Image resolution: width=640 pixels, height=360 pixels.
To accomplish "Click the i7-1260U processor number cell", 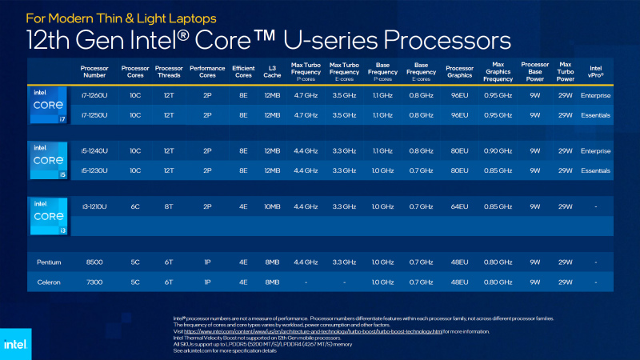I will pyautogui.click(x=94, y=96).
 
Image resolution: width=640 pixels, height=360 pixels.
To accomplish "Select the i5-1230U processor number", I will pyautogui.click(x=94, y=170).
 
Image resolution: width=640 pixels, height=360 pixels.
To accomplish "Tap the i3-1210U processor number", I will pyautogui.click(x=94, y=206).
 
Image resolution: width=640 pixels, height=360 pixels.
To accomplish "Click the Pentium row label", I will pyautogui.click(x=49, y=262).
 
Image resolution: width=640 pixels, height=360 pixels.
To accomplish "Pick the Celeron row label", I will pyautogui.click(x=49, y=282).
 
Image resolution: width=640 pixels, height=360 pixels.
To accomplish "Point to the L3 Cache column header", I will pyautogui.click(x=271, y=72).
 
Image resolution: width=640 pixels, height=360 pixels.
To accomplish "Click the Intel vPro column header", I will pyautogui.click(x=595, y=72).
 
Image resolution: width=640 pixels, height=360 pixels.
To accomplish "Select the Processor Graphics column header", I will pyautogui.click(x=459, y=72).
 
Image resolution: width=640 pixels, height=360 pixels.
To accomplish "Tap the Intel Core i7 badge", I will pyautogui.click(x=48, y=106).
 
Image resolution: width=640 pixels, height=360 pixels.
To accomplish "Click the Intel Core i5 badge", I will pyautogui.click(x=48, y=160).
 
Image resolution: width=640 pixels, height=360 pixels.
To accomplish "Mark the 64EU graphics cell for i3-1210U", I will pyautogui.click(x=458, y=206).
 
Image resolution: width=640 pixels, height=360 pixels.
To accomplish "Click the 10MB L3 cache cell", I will pyautogui.click(x=271, y=206).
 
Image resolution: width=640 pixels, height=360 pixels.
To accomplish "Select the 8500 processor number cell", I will pyautogui.click(x=94, y=262).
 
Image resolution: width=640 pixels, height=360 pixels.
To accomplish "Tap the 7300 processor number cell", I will pyautogui.click(x=94, y=282).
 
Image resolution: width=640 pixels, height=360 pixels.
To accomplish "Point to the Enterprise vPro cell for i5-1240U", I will pyautogui.click(x=595, y=150).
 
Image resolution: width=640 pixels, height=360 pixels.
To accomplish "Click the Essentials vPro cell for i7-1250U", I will pyautogui.click(x=595, y=115).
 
